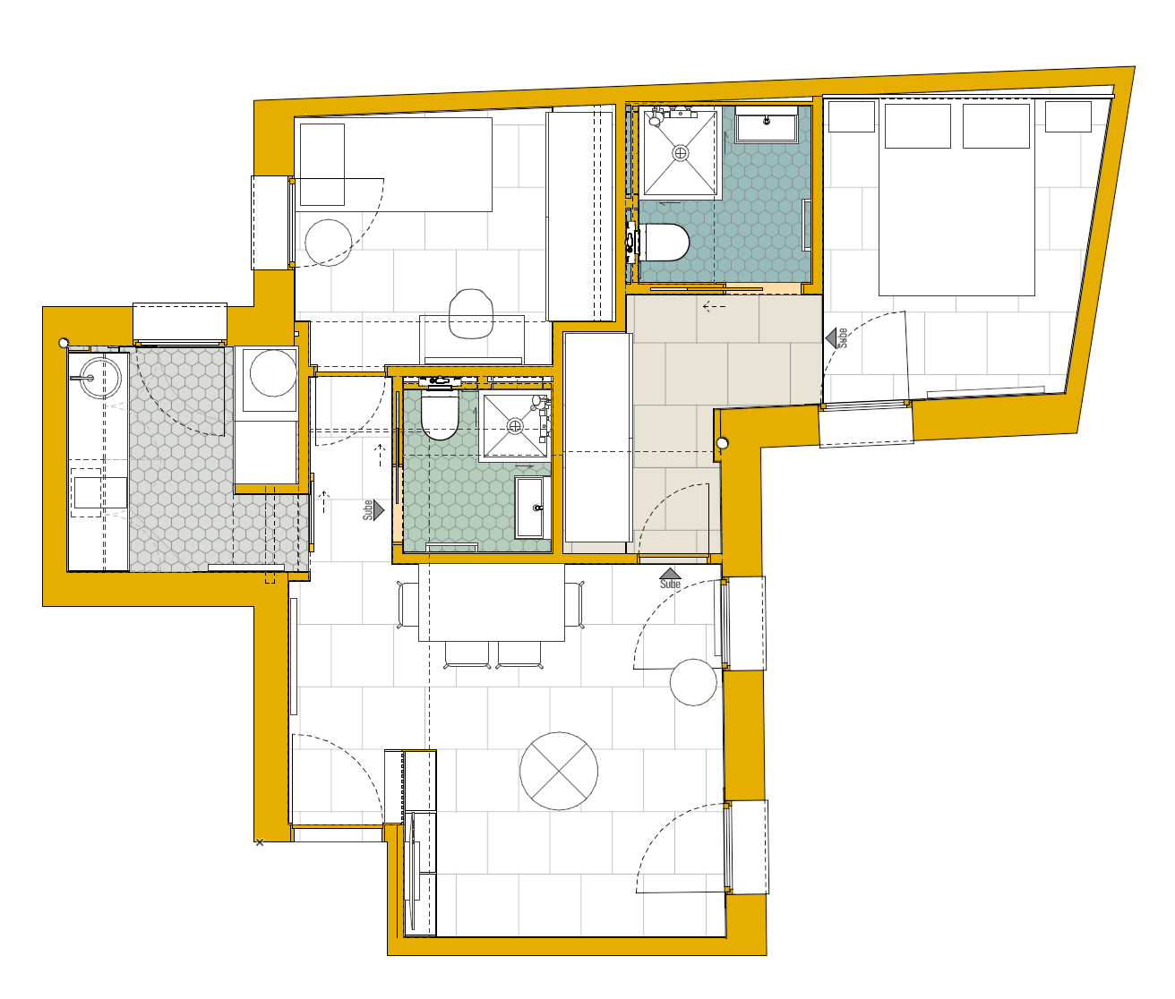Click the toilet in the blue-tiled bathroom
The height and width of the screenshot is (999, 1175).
[x=664, y=242]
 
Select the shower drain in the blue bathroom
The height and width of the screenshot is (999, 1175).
[x=681, y=153]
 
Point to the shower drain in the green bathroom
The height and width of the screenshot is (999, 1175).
[x=515, y=425]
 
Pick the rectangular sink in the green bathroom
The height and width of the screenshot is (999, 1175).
[x=529, y=508]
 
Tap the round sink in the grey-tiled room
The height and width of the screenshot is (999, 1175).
[x=100, y=378]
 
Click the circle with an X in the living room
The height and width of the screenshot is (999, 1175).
[x=559, y=771]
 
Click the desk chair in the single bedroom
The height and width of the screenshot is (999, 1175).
[x=471, y=313]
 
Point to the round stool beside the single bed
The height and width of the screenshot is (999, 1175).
[x=329, y=243]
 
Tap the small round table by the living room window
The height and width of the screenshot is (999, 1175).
[x=693, y=682]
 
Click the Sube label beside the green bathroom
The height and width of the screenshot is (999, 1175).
[x=368, y=509]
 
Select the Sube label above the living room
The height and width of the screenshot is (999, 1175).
[x=670, y=585]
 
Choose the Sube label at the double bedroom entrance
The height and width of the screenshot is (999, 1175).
[x=843, y=338]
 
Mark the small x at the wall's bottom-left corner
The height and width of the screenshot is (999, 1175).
[x=260, y=842]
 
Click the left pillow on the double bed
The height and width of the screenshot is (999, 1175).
[x=917, y=126]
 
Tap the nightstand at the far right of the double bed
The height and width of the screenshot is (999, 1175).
[x=1068, y=116]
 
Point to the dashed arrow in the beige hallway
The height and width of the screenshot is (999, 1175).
[x=715, y=307]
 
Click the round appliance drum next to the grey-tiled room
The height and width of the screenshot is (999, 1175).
[x=273, y=372]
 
